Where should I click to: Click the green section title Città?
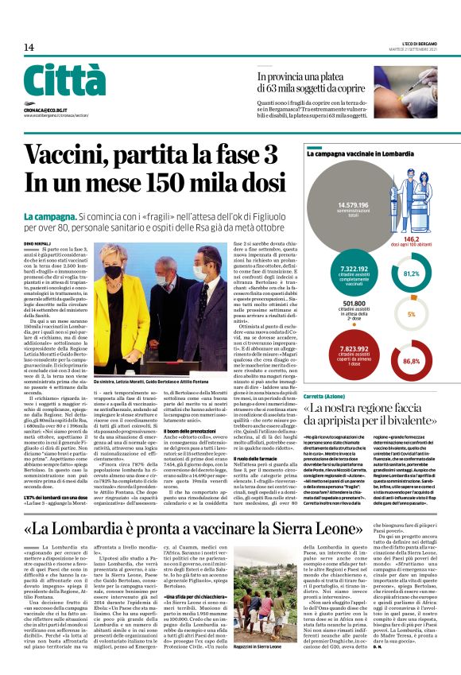point(64,81)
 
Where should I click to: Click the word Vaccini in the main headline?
point(75,153)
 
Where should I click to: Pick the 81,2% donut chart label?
point(411,273)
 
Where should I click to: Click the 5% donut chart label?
point(411,314)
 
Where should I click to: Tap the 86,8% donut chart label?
point(411,360)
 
